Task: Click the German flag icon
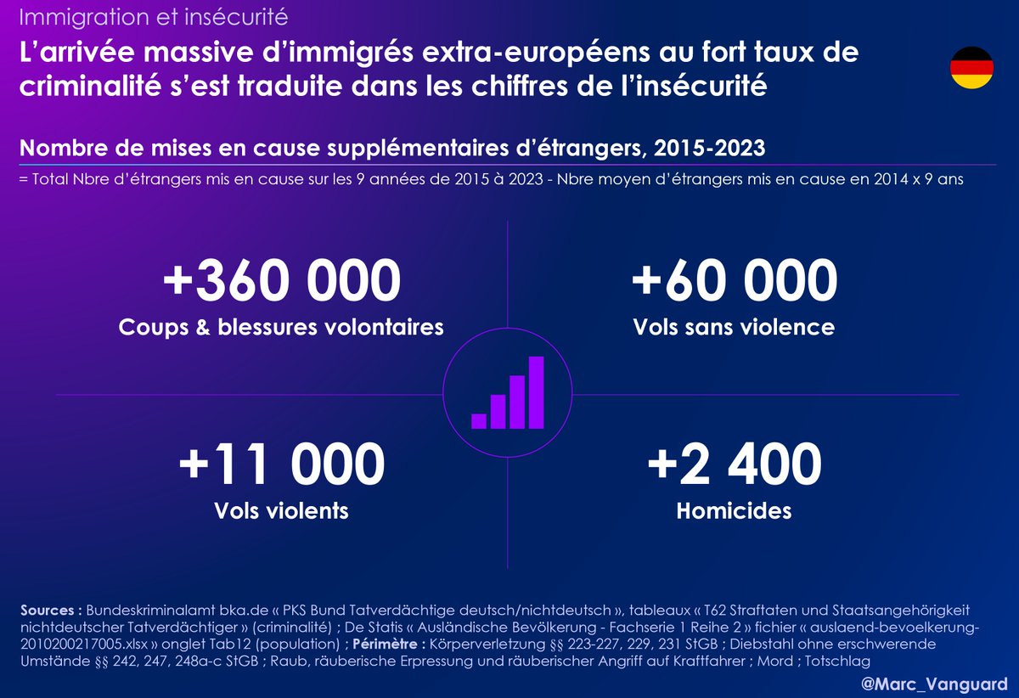(971, 68)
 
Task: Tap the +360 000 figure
(282, 282)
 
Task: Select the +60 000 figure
(735, 282)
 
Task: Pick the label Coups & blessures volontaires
(282, 327)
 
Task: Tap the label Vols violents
(282, 510)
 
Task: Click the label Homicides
(735, 510)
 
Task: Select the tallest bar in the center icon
(536, 391)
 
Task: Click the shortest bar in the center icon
(479, 420)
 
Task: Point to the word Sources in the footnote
(50, 611)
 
